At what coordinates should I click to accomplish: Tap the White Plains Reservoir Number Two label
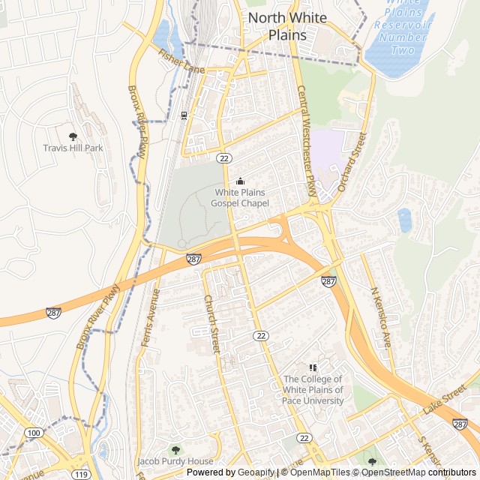coord(406,26)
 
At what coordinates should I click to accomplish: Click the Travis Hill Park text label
coord(73,148)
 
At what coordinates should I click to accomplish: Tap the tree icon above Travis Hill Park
coord(73,136)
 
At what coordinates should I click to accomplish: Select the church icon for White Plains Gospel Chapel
coord(240,181)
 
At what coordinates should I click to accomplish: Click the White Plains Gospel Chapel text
coord(240,197)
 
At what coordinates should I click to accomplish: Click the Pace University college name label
coord(313,390)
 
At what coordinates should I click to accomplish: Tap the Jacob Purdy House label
coord(175,461)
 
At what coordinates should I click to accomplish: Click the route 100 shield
coord(34,433)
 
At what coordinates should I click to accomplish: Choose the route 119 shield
coord(80,474)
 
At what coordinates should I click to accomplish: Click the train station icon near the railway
coord(184,115)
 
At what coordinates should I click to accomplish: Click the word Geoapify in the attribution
coord(257,472)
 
